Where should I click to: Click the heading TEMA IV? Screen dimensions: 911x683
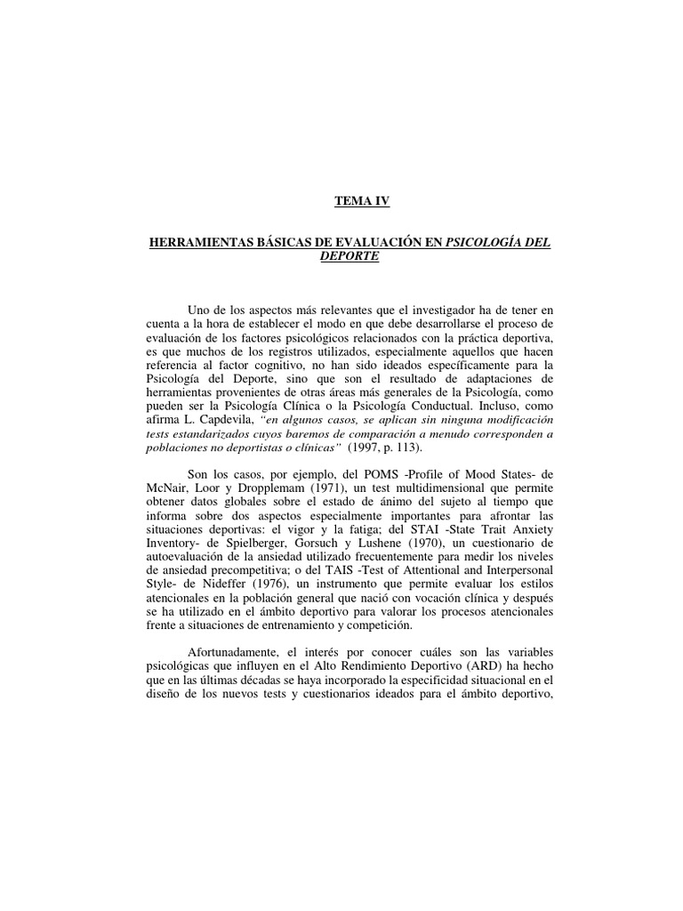pyautogui.click(x=361, y=203)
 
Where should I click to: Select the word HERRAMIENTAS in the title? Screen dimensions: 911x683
pyautogui.click(x=197, y=242)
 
